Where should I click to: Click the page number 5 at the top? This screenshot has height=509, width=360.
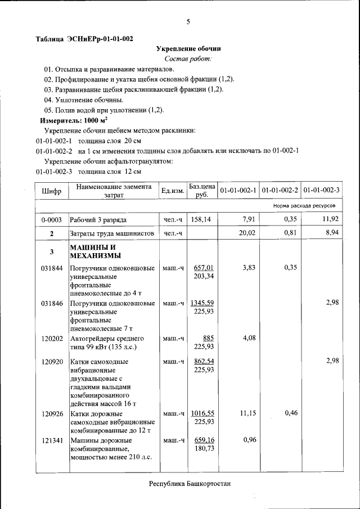[188, 22]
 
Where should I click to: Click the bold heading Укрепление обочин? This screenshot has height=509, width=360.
[188, 49]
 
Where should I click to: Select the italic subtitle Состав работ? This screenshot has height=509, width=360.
[188, 59]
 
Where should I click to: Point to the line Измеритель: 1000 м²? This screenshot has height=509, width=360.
[74, 120]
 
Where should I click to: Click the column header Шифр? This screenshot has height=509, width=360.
[51, 191]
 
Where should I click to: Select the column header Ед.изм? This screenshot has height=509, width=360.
[173, 191]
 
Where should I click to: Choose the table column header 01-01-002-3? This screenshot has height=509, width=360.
[321, 191]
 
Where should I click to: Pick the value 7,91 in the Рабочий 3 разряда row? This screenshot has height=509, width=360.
[249, 219]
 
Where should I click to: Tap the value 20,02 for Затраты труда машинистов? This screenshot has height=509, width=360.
[247, 233]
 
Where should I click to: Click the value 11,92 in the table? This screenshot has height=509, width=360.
[330, 219]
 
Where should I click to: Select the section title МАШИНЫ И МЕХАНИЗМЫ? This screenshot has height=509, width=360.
[93, 252]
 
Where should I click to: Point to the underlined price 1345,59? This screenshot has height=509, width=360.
[202, 303]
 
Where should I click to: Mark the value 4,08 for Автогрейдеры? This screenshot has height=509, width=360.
[249, 339]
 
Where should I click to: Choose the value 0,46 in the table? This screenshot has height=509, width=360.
[291, 413]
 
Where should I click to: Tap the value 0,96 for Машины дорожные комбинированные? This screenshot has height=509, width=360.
[249, 440]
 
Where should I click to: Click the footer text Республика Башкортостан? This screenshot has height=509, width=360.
[190, 484]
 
